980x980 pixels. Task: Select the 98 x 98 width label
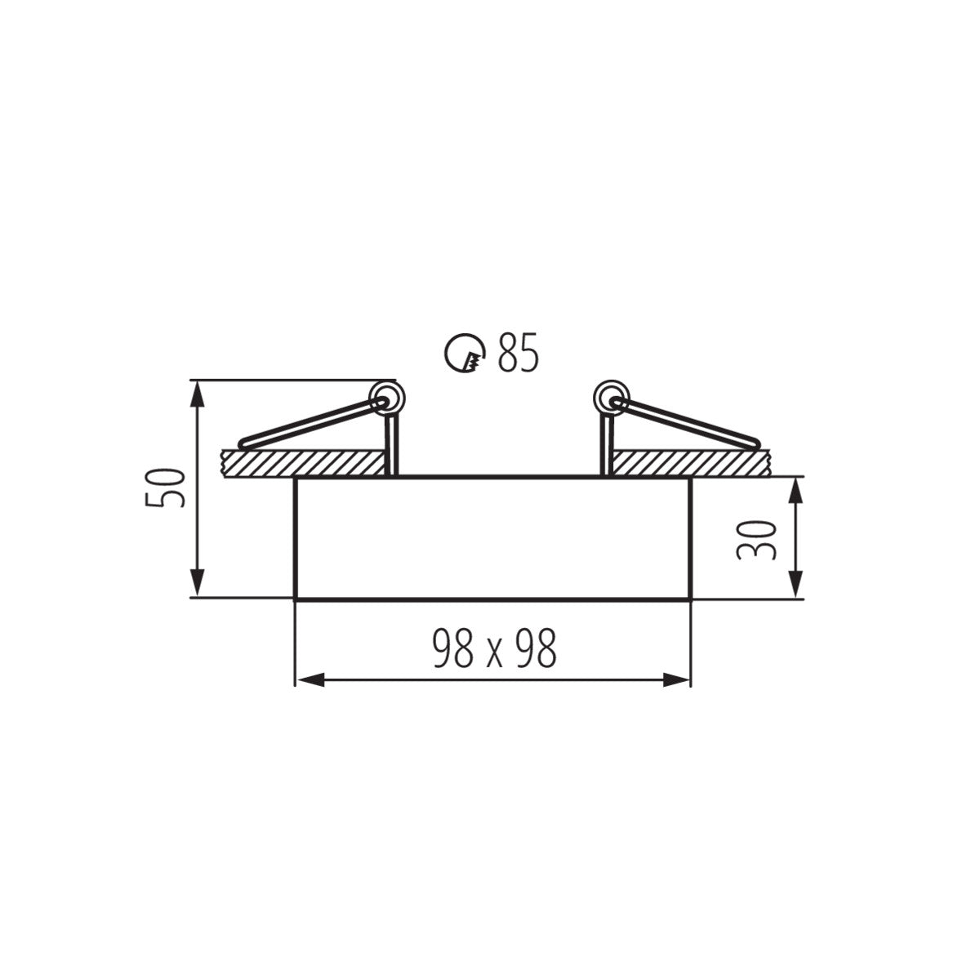[x=494, y=649]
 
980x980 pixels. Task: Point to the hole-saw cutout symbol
[x=465, y=354]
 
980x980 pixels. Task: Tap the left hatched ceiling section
[x=302, y=462]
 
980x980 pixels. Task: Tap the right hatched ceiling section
[x=690, y=462]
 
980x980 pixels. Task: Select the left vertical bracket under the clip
[x=392, y=445]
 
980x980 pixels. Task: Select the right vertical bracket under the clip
[x=606, y=445]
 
